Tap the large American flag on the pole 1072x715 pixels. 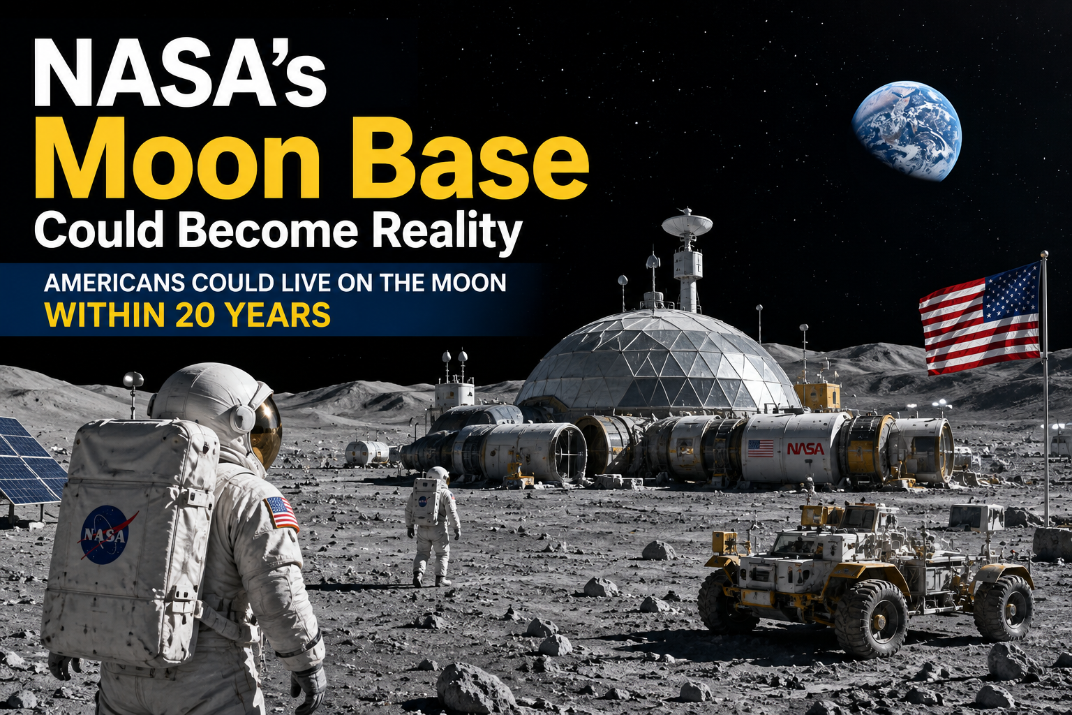tap(980, 320)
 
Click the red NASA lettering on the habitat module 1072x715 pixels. tap(806, 449)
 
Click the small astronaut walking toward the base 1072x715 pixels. tap(432, 526)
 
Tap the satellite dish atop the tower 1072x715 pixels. tap(687, 224)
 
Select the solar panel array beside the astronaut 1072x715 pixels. tap(28, 459)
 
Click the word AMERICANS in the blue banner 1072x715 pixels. tap(114, 283)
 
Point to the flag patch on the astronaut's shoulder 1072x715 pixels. tap(281, 513)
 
